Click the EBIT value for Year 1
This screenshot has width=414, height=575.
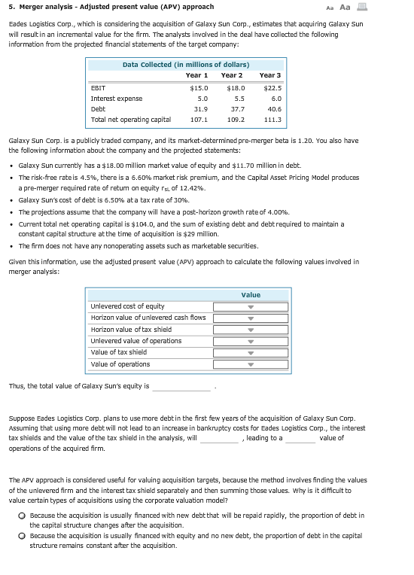pyautogui.click(x=199, y=88)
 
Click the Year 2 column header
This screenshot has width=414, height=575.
pyautogui.click(x=232, y=75)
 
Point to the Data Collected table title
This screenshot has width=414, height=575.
pyautogui.click(x=186, y=65)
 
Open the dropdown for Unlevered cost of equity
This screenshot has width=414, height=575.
pyautogui.click(x=251, y=307)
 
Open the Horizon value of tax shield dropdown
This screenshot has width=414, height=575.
pyautogui.click(x=251, y=330)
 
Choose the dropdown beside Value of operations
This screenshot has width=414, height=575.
pyautogui.click(x=251, y=364)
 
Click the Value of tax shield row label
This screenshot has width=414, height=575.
pyautogui.click(x=118, y=352)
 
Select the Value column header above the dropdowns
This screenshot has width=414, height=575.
pyautogui.click(x=251, y=295)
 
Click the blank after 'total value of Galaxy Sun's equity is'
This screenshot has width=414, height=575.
pyautogui.click(x=181, y=387)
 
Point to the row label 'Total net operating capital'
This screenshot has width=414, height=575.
pyautogui.click(x=130, y=119)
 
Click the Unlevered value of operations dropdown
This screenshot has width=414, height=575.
pyautogui.click(x=251, y=341)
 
